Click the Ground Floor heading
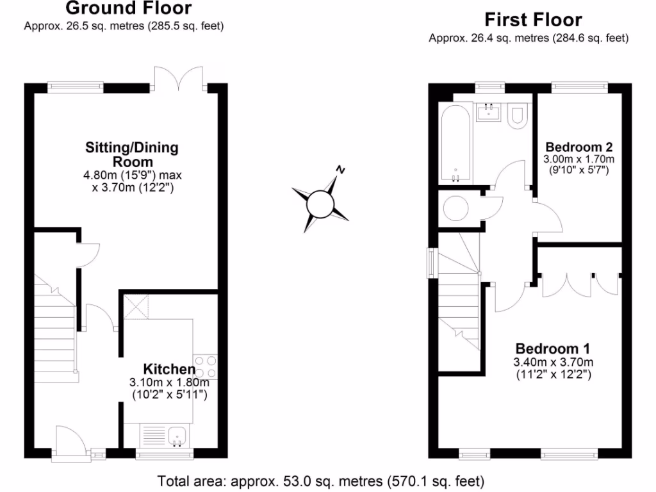(128, 9)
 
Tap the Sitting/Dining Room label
(132, 154)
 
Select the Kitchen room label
(168, 369)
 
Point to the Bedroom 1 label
(553, 348)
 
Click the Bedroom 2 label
(578, 145)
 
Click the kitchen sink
(177, 437)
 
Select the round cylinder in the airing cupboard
(457, 208)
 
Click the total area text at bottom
(321, 480)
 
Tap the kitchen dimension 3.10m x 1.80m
(169, 382)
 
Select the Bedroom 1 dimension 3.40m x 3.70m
(553, 362)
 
